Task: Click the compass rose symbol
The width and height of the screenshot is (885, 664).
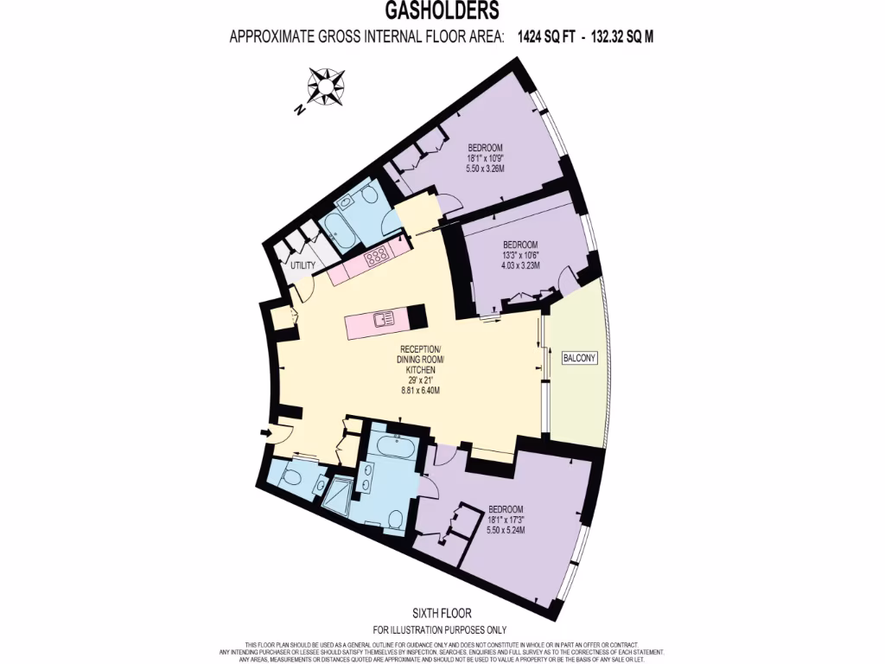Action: [x=325, y=86]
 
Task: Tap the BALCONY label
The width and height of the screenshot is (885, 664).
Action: [x=579, y=358]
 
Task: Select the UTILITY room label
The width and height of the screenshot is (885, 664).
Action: [x=303, y=265]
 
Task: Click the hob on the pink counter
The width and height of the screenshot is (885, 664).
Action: [x=377, y=255]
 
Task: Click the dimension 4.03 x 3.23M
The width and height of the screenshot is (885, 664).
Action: [x=521, y=266]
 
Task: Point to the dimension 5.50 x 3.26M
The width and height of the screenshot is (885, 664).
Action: [x=485, y=169]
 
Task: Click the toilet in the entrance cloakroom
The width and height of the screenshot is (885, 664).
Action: [x=291, y=475]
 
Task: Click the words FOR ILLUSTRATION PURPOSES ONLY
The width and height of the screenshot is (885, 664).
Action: [x=439, y=629]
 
